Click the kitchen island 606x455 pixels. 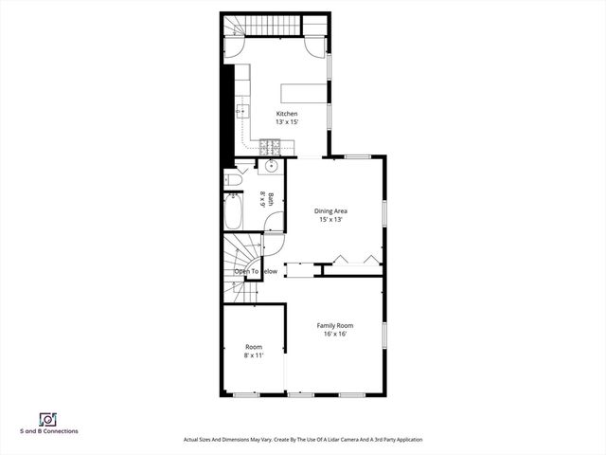pyautogui.click(x=301, y=93)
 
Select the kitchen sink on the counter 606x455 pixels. pyautogui.click(x=241, y=111)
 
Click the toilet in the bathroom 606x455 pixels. pyautogui.click(x=234, y=179)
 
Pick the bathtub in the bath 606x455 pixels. pyautogui.click(x=233, y=213)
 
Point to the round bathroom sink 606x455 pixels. pyautogui.click(x=271, y=168)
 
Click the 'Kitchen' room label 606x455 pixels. pyautogui.click(x=287, y=114)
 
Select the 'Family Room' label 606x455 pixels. pyautogui.click(x=334, y=325)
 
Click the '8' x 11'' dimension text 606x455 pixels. pyautogui.click(x=254, y=355)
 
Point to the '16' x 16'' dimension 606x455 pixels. pyautogui.click(x=334, y=334)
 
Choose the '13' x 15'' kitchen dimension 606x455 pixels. pyautogui.click(x=287, y=121)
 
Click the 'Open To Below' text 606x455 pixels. pyautogui.click(x=256, y=272)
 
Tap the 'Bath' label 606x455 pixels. pyautogui.click(x=271, y=199)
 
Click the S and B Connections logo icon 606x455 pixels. pyautogui.click(x=47, y=419)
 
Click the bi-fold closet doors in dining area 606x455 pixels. pyautogui.click(x=356, y=258)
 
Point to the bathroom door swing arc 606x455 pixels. pyautogui.click(x=273, y=224)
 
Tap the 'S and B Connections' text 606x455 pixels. pyautogui.click(x=48, y=431)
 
